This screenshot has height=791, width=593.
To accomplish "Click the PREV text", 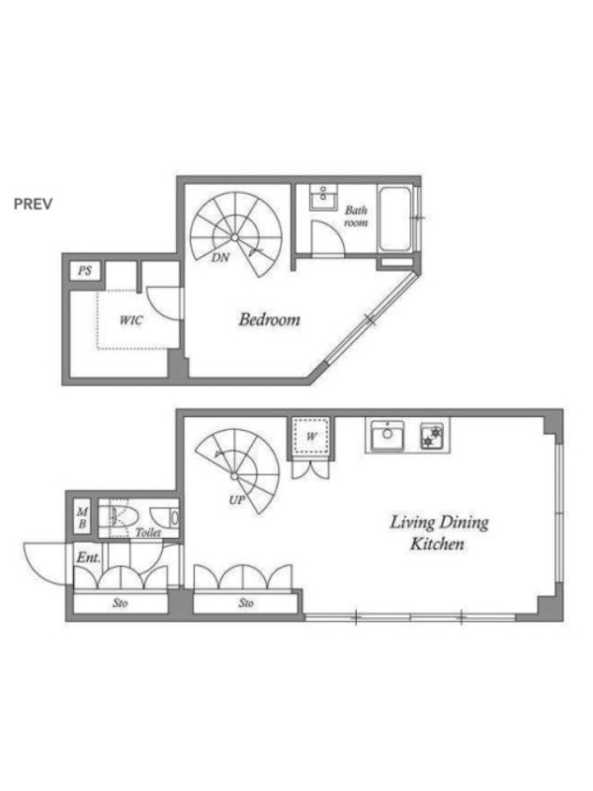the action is click(33, 204).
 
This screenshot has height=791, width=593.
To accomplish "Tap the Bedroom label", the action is click(269, 319).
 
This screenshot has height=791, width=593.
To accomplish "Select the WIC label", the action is click(131, 320).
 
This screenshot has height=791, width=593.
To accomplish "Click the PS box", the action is click(85, 271).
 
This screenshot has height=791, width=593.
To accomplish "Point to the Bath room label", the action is click(356, 216).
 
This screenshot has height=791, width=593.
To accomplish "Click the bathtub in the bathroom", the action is click(394, 219).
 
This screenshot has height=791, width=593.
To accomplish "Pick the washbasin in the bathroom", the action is click(323, 197).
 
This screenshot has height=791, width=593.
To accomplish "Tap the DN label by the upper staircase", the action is click(220, 258).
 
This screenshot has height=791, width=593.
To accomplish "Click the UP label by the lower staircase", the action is click(237, 500).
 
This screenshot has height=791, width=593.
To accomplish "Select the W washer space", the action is click(311, 437).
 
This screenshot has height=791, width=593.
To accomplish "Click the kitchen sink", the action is click(386, 436).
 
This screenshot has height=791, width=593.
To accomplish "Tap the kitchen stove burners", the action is click(432, 436).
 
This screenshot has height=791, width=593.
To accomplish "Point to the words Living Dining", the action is click(439, 523).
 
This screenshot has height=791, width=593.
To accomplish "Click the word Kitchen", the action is click(437, 544).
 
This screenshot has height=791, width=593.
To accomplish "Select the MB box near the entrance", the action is click(82, 518).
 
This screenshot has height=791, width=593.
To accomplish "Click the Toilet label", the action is click(148, 532).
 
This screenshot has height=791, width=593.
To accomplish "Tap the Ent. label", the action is click(88, 558).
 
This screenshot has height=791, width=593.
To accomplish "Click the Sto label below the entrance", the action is click(120, 603).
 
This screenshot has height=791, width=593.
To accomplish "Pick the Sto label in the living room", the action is click(246, 603).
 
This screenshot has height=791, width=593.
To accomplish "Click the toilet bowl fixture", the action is click(119, 517).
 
